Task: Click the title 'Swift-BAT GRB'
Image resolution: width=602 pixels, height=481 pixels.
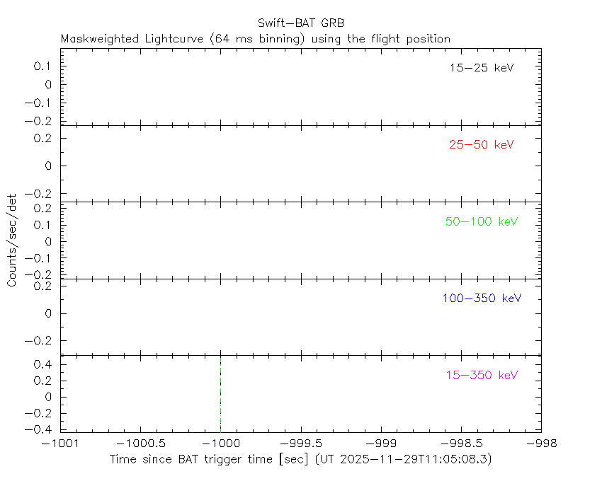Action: [300, 23]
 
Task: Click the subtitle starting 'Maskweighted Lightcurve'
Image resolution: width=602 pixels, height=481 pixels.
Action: [256, 39]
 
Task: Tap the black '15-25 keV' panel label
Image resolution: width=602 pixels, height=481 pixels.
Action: [481, 68]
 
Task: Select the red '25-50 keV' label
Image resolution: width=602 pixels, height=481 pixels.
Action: [481, 145]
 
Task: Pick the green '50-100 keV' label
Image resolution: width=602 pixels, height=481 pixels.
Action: [482, 221]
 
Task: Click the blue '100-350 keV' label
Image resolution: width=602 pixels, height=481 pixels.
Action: [482, 299]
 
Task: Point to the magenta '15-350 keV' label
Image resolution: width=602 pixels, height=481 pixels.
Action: [482, 375]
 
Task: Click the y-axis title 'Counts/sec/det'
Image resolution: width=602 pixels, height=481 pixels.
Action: [12, 240]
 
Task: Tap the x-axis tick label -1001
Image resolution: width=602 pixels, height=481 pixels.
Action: [60, 444]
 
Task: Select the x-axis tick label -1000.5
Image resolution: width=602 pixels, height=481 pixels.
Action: [140, 444]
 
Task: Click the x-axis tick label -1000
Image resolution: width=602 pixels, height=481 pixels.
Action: [220, 444]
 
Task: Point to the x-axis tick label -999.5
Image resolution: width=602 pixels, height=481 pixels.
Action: [301, 444]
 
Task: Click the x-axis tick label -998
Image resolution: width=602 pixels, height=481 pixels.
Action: [542, 444]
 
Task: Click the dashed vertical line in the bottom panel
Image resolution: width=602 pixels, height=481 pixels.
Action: [220, 393]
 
